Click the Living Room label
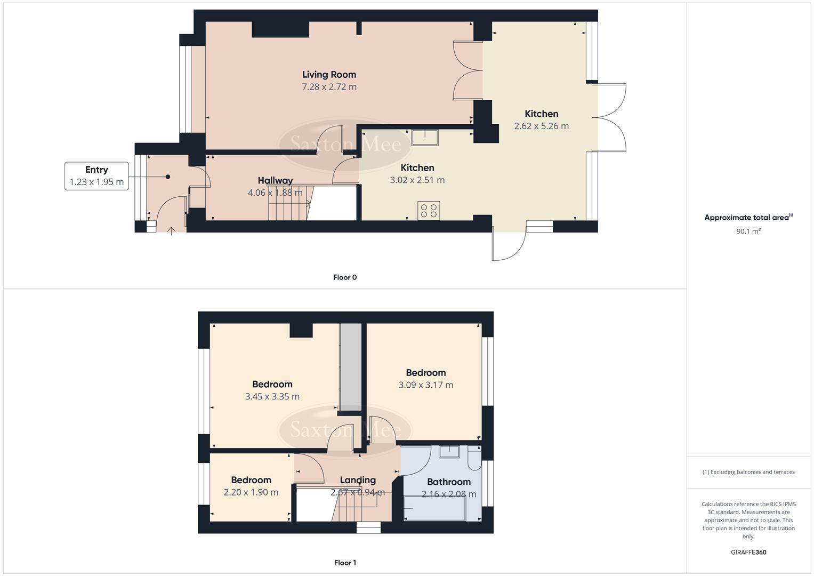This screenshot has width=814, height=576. point(329,75)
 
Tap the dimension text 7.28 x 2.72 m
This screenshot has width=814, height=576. point(329,87)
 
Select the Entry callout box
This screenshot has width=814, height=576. point(96,176)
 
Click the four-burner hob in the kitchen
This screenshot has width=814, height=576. point(429,210)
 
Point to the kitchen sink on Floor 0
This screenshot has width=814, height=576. point(424,138)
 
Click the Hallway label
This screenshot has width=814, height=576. point(275,180)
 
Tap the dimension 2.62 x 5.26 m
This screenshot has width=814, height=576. point(541,126)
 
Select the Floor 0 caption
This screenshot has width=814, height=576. point(345,277)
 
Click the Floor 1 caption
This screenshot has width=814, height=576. point(345,563)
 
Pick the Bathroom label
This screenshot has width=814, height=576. point(448,482)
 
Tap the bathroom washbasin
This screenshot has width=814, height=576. point(449,452)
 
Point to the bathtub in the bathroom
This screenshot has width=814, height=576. point(435,508)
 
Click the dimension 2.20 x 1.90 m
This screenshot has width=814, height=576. point(251,492)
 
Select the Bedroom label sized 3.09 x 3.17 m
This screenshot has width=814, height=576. point(425,373)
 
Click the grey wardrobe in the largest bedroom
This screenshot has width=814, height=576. point(350,368)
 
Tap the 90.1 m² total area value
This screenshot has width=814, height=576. point(748,231)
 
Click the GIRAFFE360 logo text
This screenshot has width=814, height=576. point(748,553)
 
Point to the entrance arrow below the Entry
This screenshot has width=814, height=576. point(172,230)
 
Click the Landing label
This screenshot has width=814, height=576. point(358,480)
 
